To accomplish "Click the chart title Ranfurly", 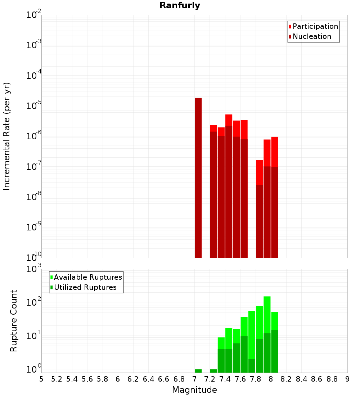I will [180, 6].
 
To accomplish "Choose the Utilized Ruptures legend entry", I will [85, 287].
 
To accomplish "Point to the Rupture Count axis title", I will [14, 321].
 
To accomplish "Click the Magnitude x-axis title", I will [194, 390].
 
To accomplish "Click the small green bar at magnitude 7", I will [198, 371].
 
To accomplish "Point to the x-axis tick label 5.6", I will [87, 379].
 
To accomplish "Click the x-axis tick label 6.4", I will [148, 379].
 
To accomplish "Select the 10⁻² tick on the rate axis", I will [33, 15].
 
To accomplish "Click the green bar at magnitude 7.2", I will [213, 371].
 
